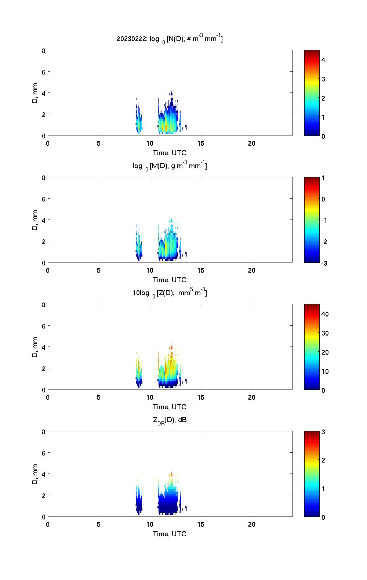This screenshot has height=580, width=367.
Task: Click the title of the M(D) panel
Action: coord(170,166)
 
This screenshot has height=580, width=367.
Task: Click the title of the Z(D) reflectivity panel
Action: coord(170,293)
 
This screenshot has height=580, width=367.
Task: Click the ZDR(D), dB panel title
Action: coord(170,420)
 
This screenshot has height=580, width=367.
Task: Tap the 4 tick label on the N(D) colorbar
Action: coord(323,60)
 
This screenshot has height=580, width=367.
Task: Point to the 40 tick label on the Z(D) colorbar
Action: coord(325,314)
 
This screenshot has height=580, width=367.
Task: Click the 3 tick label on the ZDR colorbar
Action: coord(323,432)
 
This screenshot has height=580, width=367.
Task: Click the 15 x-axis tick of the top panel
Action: coord(201,144)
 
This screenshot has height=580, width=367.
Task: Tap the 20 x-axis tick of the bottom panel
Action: coord(252,525)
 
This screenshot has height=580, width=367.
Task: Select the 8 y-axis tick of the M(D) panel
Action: coord(43,178)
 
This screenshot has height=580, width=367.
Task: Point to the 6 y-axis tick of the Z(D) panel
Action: coord(43,326)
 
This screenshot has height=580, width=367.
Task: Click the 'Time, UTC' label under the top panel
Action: coord(170,153)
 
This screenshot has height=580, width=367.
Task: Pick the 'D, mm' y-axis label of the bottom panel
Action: coord(35,474)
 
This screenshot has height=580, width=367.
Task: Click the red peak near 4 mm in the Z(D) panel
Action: coord(171,346)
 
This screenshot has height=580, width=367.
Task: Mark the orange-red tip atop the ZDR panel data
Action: coord(171,473)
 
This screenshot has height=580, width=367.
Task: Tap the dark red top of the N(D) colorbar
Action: coord(312,52)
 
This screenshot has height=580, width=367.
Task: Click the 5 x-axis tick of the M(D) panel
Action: coord(99,271)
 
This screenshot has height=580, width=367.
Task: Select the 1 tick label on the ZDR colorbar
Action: coord(323,489)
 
